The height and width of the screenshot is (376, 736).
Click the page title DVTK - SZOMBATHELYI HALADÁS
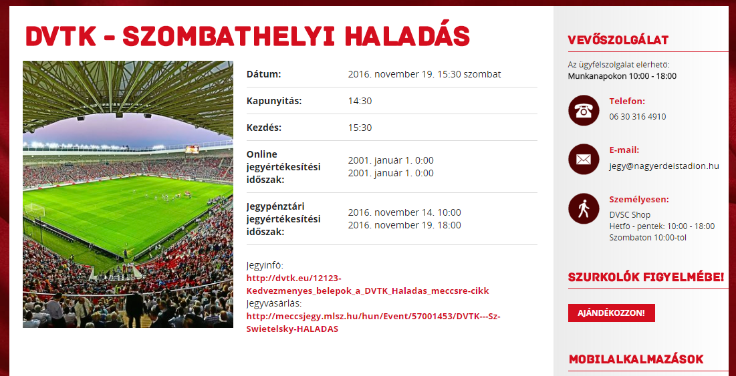click(248, 35)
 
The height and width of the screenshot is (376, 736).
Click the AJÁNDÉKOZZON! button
click(611, 313)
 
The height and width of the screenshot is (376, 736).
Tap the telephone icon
click(584, 110)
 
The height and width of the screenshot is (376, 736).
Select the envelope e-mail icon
click(584, 159)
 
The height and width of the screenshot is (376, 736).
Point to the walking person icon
click(584, 208)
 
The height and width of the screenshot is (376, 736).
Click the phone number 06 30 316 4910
click(638, 117)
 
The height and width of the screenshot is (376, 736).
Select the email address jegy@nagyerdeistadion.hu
click(664, 166)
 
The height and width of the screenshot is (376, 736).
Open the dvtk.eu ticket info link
click(368, 285)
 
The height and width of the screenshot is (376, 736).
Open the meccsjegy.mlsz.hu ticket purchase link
click(374, 323)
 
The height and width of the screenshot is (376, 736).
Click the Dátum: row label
click(264, 74)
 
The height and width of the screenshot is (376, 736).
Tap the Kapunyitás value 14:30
click(360, 101)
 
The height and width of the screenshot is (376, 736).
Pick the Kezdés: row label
click(264, 128)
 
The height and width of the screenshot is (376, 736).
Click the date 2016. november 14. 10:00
click(404, 212)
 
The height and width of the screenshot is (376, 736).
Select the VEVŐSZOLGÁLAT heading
click(618, 40)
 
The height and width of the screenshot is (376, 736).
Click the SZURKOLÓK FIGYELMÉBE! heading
click(646, 277)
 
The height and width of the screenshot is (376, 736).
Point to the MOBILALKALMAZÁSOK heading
click(636, 359)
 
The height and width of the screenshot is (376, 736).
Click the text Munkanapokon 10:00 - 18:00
click(622, 76)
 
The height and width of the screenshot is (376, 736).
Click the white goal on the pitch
click(35, 210)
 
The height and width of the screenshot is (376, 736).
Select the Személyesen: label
click(639, 199)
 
